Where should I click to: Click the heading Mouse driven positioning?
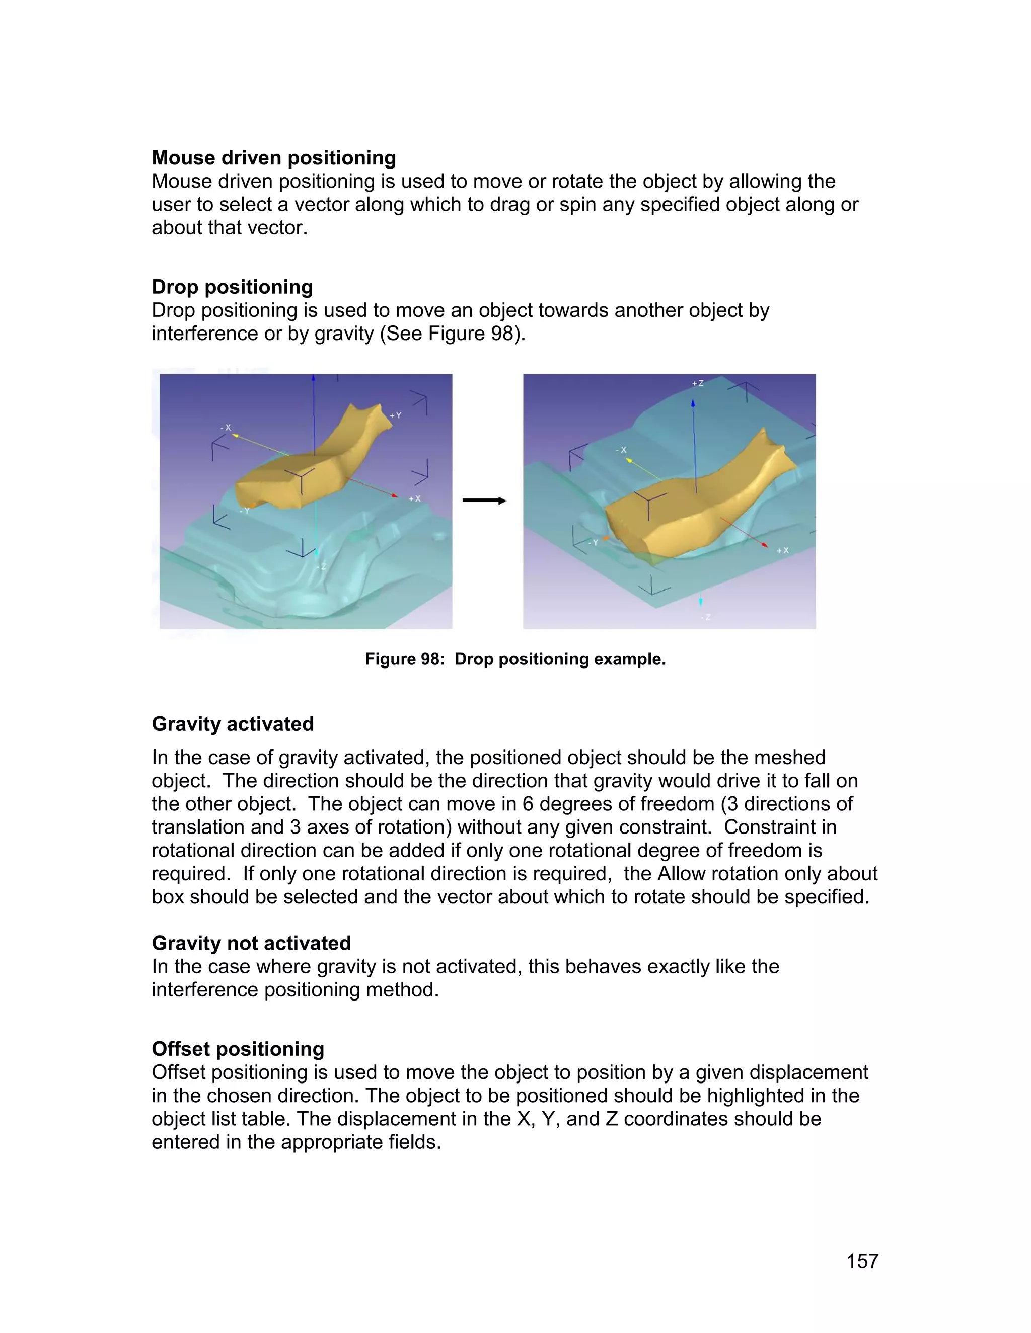point(274,157)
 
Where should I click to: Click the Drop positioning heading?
point(232,287)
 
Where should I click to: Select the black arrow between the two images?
point(484,501)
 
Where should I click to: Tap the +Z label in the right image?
point(698,383)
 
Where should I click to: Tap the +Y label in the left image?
point(396,415)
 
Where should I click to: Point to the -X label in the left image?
point(226,427)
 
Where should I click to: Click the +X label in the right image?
point(783,550)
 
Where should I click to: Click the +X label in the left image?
point(415,498)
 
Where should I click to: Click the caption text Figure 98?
point(404,659)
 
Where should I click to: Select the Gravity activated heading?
point(233,724)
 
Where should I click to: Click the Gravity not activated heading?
point(251,943)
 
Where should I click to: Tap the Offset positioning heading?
point(238,1049)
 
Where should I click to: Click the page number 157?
point(862,1261)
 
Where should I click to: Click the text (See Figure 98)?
point(453,333)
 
